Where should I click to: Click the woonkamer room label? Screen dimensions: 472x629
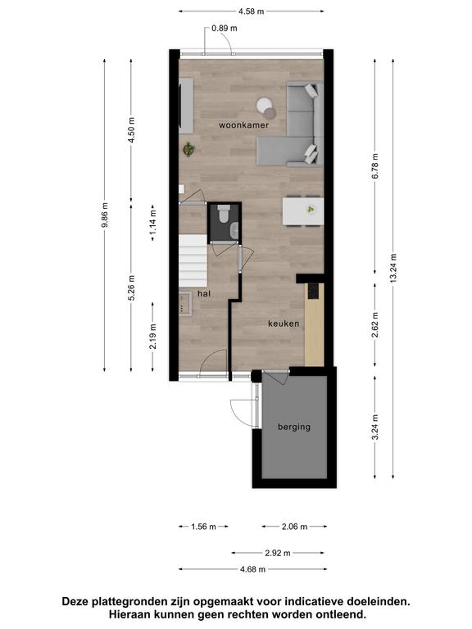coord(243,125)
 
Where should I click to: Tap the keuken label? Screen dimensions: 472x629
coord(284,324)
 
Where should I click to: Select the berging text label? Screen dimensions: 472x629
coord(294,428)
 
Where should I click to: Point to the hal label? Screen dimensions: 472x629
coord(204,294)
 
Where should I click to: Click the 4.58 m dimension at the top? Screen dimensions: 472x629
coord(252,11)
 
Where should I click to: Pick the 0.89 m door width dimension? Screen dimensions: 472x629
coord(225,28)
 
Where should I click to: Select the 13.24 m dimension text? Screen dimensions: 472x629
coord(393,268)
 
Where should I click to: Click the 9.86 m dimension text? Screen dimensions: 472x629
coord(105,215)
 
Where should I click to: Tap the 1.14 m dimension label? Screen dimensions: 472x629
coord(153,222)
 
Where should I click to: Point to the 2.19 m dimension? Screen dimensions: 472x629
coord(153,336)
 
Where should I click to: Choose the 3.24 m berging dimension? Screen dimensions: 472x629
coord(375,427)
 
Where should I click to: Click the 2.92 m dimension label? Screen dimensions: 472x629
coord(278,553)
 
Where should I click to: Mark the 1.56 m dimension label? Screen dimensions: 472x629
coord(203,527)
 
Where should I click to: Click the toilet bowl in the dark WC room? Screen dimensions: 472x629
coord(224,214)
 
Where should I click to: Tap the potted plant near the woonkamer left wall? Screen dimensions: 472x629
coord(188,149)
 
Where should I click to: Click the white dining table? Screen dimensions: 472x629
coord(303,211)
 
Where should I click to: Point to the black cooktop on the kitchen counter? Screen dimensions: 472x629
coord(314,292)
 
